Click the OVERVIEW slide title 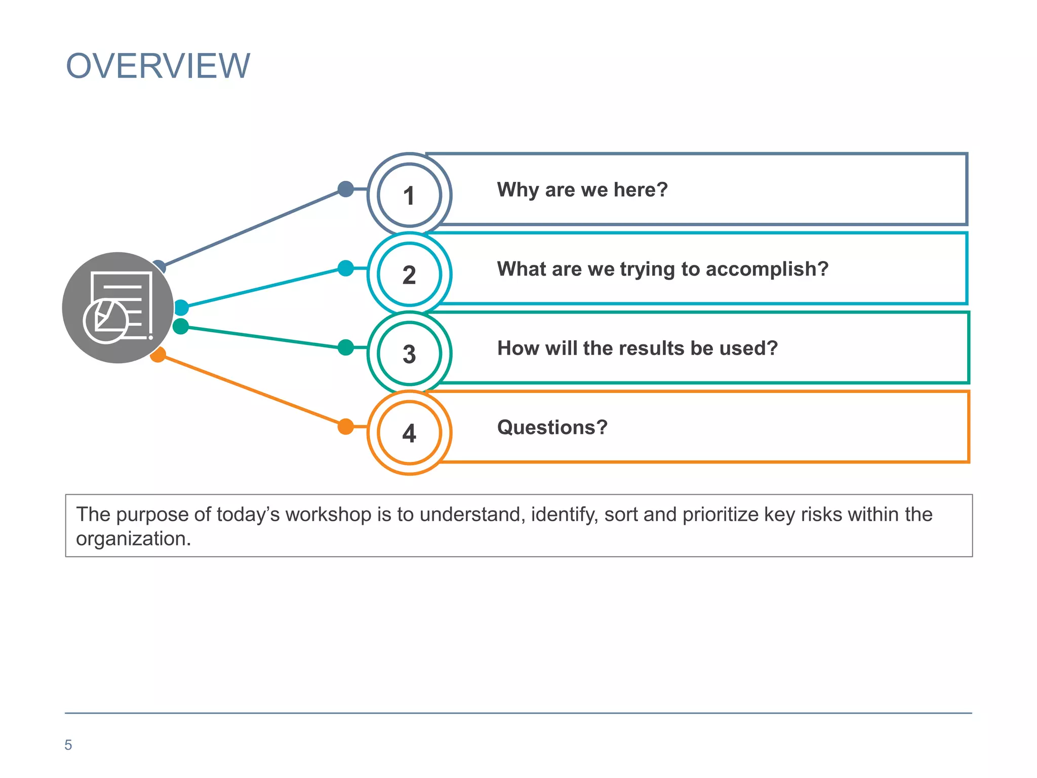point(158,66)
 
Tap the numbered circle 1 point(409,196)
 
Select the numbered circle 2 point(409,275)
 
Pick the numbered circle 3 point(409,354)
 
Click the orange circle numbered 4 point(409,433)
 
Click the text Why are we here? point(582,189)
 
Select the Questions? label point(552,427)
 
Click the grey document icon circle point(118,307)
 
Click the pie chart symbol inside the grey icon point(105,322)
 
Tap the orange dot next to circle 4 point(345,426)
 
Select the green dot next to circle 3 point(345,347)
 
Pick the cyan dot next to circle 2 point(345,268)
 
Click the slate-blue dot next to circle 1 point(345,189)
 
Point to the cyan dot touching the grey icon point(181,307)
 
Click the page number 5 point(68,745)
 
